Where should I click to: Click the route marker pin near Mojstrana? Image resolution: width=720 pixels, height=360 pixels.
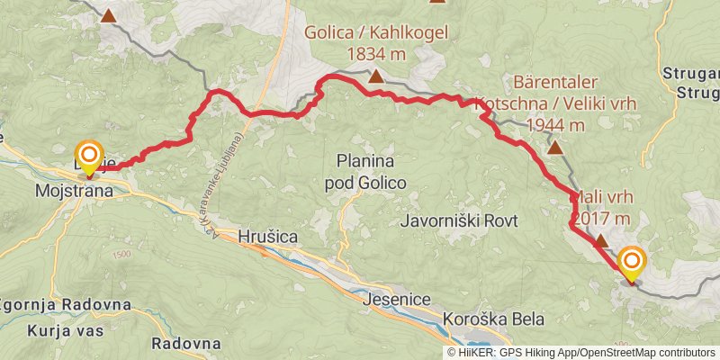point(89,157)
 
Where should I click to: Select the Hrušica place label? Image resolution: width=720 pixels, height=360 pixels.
point(269,237)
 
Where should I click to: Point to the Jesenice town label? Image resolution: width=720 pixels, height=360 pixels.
point(395,299)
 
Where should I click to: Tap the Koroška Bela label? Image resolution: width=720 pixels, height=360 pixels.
point(494,319)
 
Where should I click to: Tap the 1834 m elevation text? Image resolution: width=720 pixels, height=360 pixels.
point(376,55)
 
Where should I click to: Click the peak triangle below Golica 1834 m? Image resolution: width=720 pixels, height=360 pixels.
point(375,77)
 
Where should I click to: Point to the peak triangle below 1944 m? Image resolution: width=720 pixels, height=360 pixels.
point(555,148)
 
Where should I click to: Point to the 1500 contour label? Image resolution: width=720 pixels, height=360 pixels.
point(121,255)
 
